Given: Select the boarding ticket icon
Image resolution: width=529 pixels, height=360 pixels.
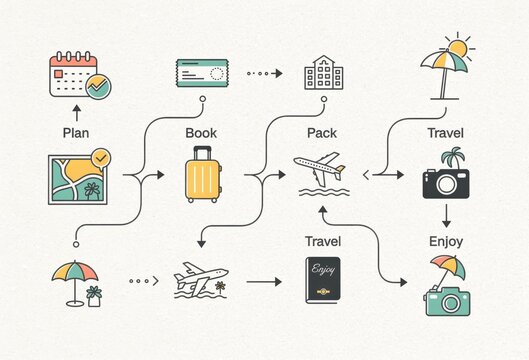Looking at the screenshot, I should (203, 73).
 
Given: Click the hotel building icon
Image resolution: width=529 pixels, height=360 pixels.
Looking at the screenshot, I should (323, 73).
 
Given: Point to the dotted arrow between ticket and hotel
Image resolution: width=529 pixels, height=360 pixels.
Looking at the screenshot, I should (264, 73).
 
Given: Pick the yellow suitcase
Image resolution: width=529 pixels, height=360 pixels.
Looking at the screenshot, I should (203, 175).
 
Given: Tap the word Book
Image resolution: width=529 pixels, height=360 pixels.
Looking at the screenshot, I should (201, 132).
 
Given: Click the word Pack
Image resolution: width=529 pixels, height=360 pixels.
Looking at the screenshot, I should (322, 132).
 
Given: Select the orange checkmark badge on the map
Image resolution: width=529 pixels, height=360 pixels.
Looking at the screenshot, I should (100, 158).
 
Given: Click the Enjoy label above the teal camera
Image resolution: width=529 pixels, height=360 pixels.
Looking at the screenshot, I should (446, 241).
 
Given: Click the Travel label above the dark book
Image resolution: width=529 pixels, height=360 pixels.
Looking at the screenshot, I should (323, 241).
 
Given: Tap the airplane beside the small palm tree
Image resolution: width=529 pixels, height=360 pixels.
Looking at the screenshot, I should (200, 279).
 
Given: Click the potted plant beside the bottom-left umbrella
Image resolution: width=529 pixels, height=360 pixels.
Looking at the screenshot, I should (94, 296).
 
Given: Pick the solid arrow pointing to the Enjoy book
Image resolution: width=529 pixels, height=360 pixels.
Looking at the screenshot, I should (264, 282).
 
